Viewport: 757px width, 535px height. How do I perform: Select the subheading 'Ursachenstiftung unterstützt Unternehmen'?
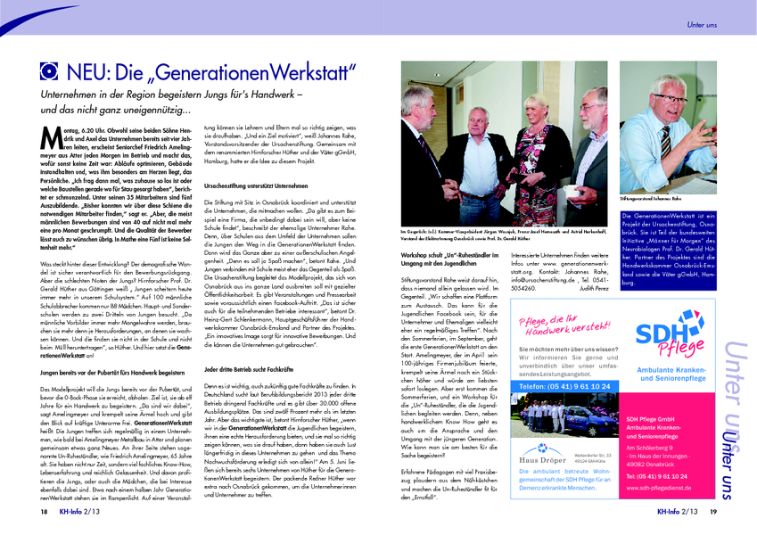coord(258,185)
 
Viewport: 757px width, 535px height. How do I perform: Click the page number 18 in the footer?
coord(43,513)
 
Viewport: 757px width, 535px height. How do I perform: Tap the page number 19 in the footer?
coord(712,513)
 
